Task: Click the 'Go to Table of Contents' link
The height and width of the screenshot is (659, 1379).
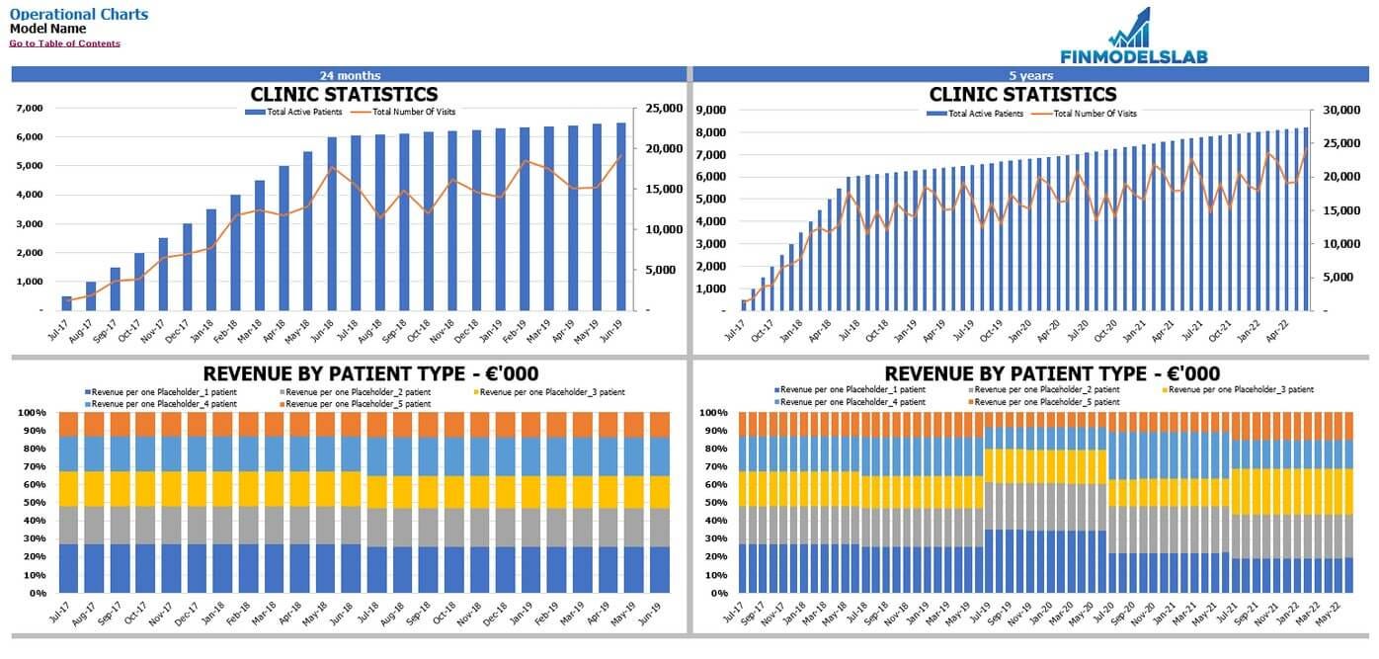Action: (x=64, y=43)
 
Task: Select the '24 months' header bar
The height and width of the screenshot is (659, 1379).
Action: (x=350, y=75)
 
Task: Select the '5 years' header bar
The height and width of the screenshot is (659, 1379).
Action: (x=1030, y=75)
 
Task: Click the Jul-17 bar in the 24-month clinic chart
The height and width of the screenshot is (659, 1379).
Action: (x=67, y=303)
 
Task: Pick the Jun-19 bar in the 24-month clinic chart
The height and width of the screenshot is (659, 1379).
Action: (x=621, y=216)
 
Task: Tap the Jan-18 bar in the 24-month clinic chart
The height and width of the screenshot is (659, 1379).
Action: (x=211, y=260)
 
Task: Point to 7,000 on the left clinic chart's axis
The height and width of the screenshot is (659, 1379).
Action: (x=31, y=109)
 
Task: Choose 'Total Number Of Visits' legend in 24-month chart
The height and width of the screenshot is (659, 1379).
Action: (x=414, y=113)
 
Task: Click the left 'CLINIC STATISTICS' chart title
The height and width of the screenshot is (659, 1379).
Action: (x=344, y=95)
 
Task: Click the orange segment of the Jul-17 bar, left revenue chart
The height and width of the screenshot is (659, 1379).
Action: (x=67, y=424)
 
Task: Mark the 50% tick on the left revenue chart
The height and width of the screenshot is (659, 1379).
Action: (x=33, y=503)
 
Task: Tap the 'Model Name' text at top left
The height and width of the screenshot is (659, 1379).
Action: (x=47, y=29)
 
